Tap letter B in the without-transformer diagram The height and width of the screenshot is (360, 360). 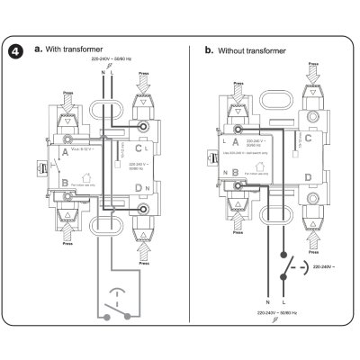(x=235, y=171)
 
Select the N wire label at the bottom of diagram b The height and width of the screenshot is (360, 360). (x=268, y=302)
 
